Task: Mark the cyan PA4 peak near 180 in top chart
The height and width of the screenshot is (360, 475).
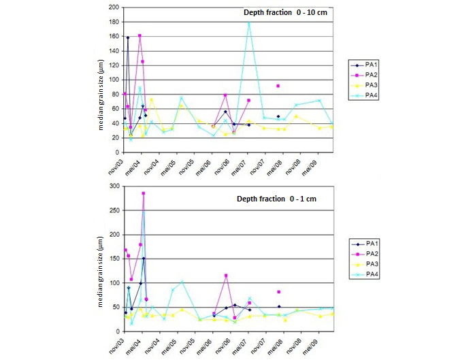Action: pos(249,22)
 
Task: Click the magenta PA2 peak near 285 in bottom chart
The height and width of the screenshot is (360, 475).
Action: pos(144,193)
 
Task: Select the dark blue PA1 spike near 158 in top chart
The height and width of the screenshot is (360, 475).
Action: pos(128,38)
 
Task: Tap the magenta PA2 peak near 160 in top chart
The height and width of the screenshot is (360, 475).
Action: pos(140,35)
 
